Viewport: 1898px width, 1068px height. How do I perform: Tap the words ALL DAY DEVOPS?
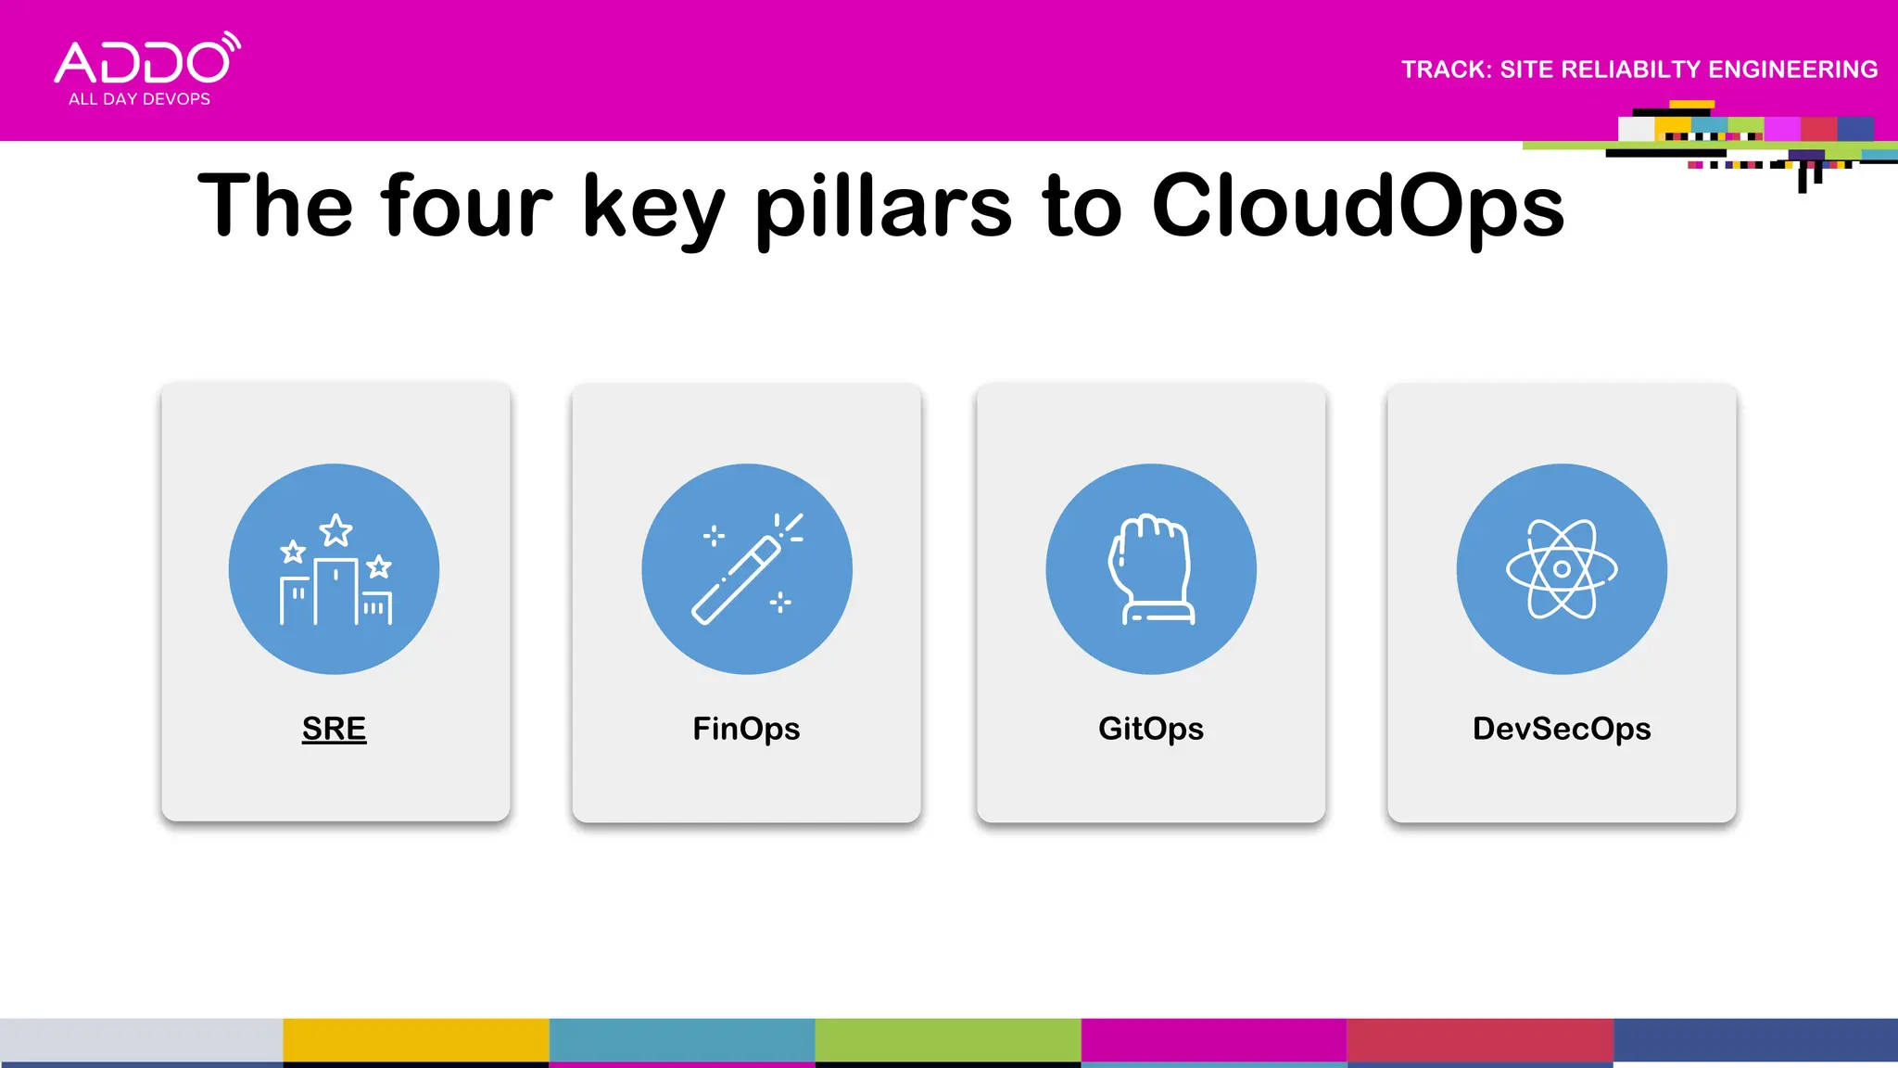click(139, 99)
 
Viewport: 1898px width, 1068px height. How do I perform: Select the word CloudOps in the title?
click(1358, 206)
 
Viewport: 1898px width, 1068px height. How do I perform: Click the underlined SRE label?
click(335, 729)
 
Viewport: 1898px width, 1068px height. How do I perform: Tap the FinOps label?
click(746, 729)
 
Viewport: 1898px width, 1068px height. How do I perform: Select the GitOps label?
click(1151, 729)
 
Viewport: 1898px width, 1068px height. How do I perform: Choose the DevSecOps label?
click(1562, 729)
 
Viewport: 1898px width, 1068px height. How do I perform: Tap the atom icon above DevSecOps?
click(1562, 569)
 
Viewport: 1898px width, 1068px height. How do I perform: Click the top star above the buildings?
click(335, 531)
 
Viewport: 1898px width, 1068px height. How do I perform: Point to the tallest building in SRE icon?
click(335, 591)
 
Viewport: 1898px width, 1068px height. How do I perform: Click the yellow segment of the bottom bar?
click(416, 1040)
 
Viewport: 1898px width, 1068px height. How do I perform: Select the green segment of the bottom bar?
click(948, 1040)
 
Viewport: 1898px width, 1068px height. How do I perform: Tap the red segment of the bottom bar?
click(1480, 1040)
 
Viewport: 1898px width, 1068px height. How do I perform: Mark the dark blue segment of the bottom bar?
click(1755, 1040)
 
